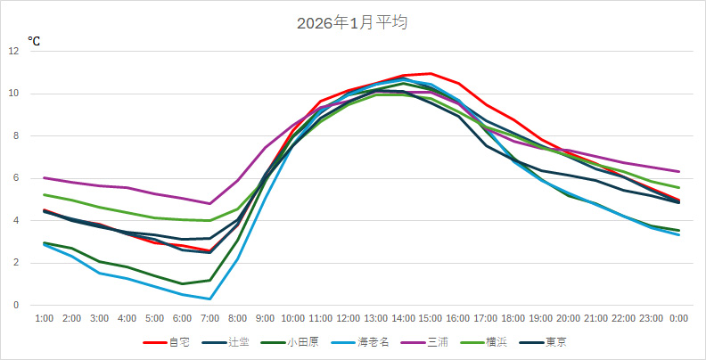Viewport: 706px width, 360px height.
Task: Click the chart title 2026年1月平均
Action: [352, 23]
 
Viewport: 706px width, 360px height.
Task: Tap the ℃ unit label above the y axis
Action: [34, 41]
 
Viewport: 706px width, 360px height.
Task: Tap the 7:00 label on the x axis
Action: [209, 318]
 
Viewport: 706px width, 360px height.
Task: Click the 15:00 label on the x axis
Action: [431, 318]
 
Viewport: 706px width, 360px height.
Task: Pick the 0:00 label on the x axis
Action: [679, 318]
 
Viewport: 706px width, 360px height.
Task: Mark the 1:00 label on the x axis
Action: [44, 318]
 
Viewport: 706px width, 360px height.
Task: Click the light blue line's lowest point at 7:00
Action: [209, 299]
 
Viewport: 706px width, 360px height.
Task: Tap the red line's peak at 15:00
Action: [431, 73]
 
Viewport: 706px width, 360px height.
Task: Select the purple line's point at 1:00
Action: [44, 177]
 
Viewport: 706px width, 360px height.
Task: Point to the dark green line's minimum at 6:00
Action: [182, 283]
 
